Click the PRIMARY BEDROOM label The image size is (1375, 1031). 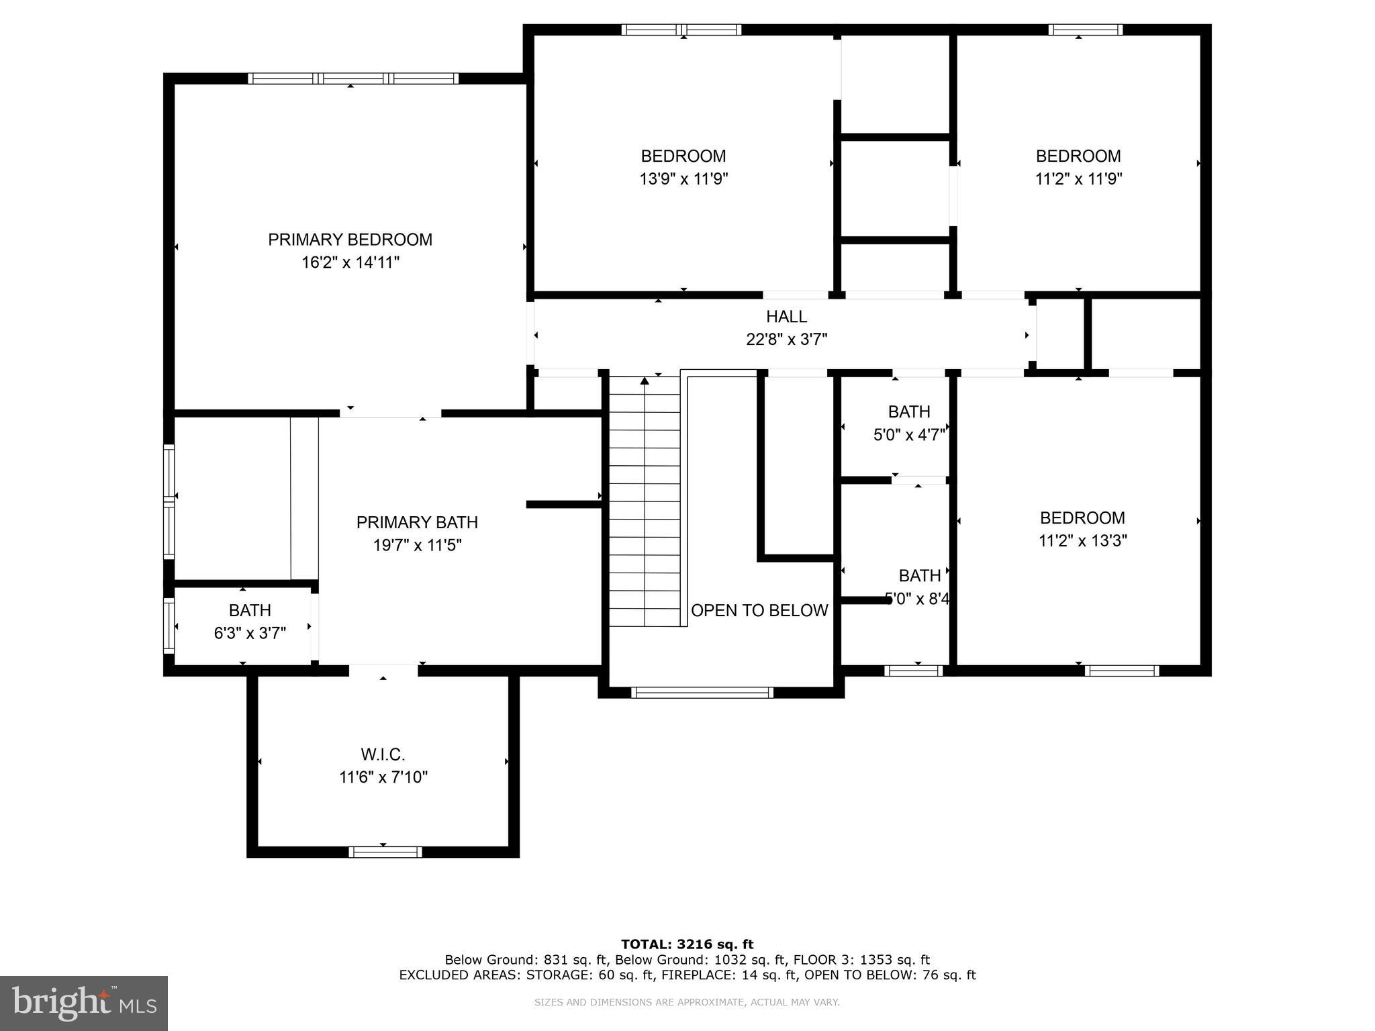pyautogui.click(x=350, y=240)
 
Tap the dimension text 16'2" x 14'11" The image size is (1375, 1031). pyautogui.click(x=350, y=262)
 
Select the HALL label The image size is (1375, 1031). pyautogui.click(x=786, y=316)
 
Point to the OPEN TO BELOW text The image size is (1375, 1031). pyautogui.click(x=759, y=610)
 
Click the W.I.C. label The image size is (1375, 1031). pyautogui.click(x=383, y=754)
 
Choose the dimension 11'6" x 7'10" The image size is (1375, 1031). pyautogui.click(x=383, y=777)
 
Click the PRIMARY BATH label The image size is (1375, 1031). pyautogui.click(x=417, y=522)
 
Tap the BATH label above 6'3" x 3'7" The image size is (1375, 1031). pyautogui.click(x=250, y=610)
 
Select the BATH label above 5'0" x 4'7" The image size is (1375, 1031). pyautogui.click(x=909, y=411)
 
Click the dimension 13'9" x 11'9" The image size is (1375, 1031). pyautogui.click(x=683, y=179)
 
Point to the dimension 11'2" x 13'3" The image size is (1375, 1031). pyautogui.click(x=1082, y=540)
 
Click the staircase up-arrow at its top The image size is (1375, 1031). pyautogui.click(x=645, y=381)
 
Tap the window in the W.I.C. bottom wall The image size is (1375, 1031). pyautogui.click(x=385, y=852)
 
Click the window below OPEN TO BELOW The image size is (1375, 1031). pyautogui.click(x=702, y=693)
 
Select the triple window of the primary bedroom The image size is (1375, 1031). pyautogui.click(x=353, y=79)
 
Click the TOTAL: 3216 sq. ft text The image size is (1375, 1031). pyautogui.click(x=687, y=944)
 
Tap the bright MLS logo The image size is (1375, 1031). pyautogui.click(x=84, y=1003)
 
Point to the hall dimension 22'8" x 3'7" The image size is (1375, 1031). pyautogui.click(x=786, y=340)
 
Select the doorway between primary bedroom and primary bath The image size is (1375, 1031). pyautogui.click(x=390, y=413)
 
